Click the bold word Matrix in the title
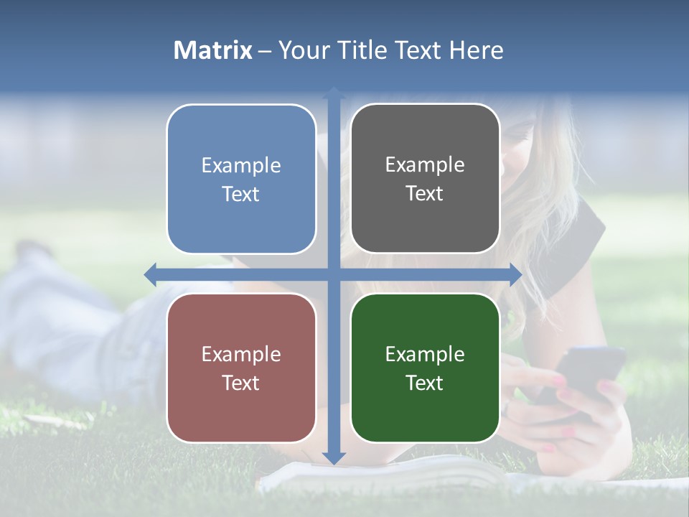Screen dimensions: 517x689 [213, 50]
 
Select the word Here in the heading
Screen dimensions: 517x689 [476, 50]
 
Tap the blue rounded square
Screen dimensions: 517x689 [241, 180]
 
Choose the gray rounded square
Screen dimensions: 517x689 [425, 179]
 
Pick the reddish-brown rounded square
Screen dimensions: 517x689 [241, 368]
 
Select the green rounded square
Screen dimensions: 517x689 [425, 368]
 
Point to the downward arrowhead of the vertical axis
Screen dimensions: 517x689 [334, 457]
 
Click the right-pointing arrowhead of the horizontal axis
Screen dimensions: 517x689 [515, 274]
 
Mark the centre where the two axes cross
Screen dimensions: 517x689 [334, 274]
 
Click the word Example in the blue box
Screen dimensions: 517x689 [241, 166]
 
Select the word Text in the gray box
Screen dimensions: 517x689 [425, 194]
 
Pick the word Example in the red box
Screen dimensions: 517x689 [241, 355]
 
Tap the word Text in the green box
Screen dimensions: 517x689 [425, 383]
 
